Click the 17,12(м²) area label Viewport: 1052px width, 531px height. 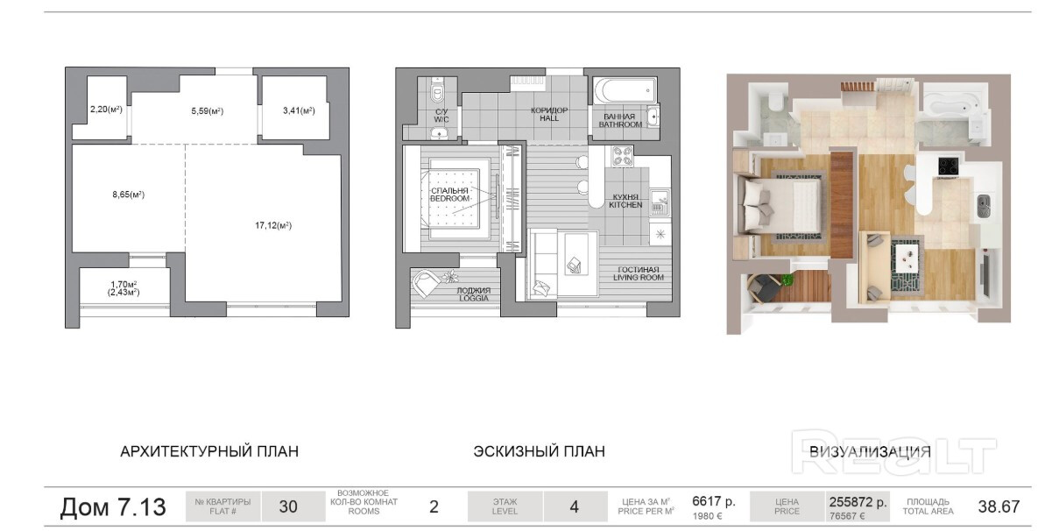pyautogui.click(x=273, y=225)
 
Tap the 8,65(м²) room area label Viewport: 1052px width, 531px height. pyautogui.click(x=128, y=194)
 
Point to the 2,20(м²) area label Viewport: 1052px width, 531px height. pyautogui.click(x=106, y=110)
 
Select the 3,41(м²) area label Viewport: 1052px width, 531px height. pyautogui.click(x=299, y=111)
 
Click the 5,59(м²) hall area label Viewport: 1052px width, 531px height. pyautogui.click(x=207, y=111)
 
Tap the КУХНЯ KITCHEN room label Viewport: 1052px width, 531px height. pyautogui.click(x=625, y=202)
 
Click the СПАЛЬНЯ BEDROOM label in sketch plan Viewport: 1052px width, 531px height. pyautogui.click(x=450, y=195)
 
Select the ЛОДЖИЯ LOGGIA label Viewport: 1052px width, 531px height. pyautogui.click(x=474, y=294)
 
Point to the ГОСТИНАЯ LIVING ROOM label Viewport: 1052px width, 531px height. pyautogui.click(x=639, y=273)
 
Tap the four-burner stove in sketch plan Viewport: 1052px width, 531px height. pyautogui.click(x=622, y=157)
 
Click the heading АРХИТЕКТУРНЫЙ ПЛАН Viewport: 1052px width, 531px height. pyautogui.click(x=209, y=451)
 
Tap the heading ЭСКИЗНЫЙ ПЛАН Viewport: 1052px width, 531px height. pyautogui.click(x=540, y=451)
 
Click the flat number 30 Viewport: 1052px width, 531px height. pyautogui.click(x=288, y=506)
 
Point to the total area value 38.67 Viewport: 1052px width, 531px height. pyautogui.click(x=999, y=506)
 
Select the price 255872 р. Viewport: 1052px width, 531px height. pyautogui.click(x=858, y=502)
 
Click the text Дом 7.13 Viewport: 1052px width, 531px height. pyautogui.click(x=113, y=507)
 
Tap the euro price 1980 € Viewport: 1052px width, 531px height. pyautogui.click(x=707, y=516)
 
